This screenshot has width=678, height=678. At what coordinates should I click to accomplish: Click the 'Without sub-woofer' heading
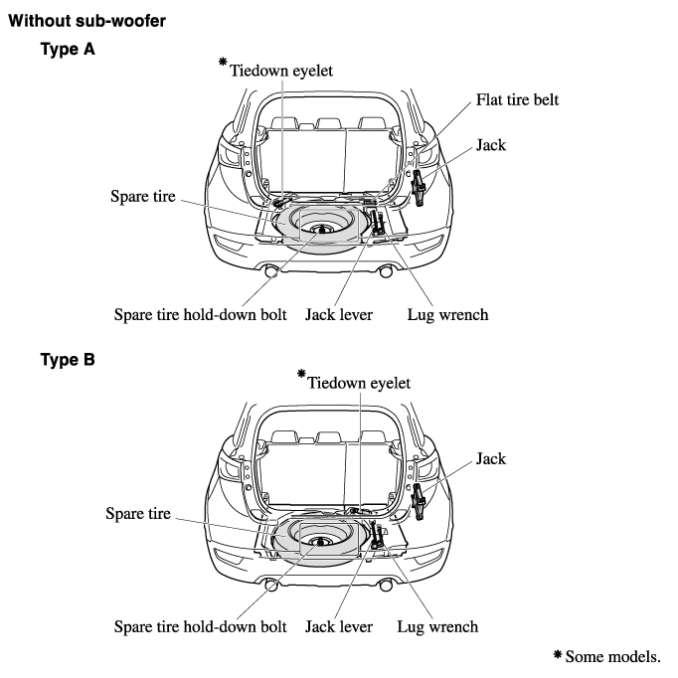(86, 19)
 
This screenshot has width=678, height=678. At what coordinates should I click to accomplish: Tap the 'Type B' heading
(68, 360)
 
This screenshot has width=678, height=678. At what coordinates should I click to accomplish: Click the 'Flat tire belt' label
(518, 100)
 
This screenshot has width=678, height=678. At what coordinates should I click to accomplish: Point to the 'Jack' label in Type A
(490, 145)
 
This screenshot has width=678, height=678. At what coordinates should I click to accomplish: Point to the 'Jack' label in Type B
(490, 458)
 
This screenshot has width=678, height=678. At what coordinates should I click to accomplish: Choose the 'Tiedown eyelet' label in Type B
(359, 383)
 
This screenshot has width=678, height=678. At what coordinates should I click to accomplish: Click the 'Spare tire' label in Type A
(142, 197)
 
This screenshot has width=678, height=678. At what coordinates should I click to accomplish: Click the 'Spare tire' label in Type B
(138, 513)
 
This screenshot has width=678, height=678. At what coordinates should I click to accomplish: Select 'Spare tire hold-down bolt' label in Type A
(200, 315)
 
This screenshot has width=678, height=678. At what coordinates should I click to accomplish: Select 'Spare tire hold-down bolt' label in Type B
(200, 626)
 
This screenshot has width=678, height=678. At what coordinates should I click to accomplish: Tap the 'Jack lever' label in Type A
(339, 315)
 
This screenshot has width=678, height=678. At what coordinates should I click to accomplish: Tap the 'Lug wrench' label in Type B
(437, 626)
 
